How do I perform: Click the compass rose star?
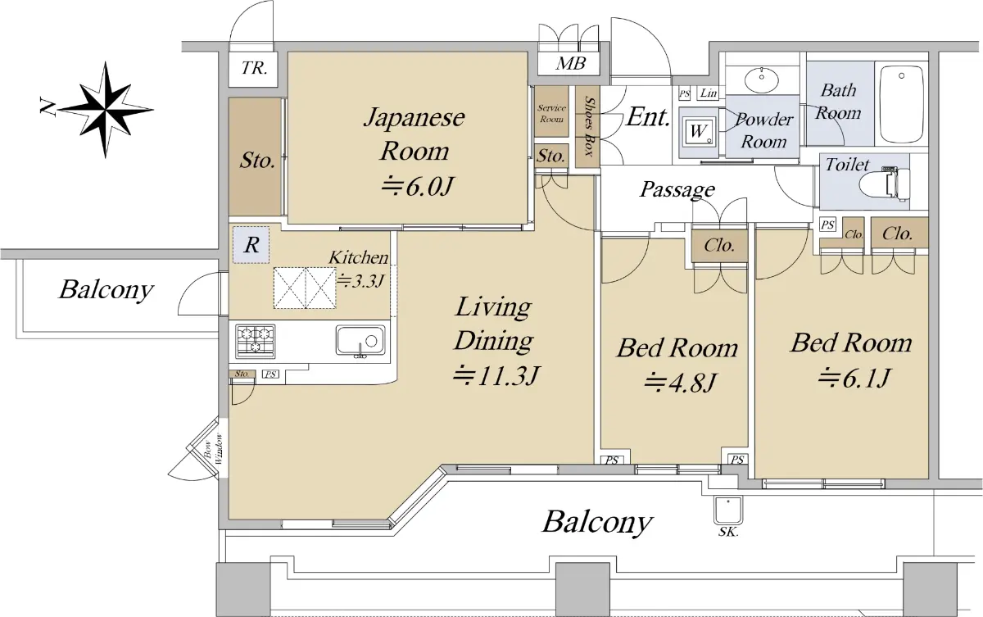point(106,110)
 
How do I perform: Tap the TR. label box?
point(254,69)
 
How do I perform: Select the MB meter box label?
point(570,64)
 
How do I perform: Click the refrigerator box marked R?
point(251,245)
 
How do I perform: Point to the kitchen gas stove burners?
point(255,341)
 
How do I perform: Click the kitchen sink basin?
point(360,340)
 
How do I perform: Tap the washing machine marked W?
point(699,131)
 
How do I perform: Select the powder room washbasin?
point(761,79)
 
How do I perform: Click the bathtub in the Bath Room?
point(901,104)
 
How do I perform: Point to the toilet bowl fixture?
point(884,184)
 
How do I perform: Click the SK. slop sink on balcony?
point(728,510)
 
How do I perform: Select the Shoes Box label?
point(588,126)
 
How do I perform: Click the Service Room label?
point(551,113)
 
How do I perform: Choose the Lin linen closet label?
point(709,93)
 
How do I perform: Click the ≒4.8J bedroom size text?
point(679,382)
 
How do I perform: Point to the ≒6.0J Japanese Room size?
point(416,187)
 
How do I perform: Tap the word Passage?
point(677,189)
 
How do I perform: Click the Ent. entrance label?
point(648,117)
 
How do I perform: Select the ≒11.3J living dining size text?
point(496,375)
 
